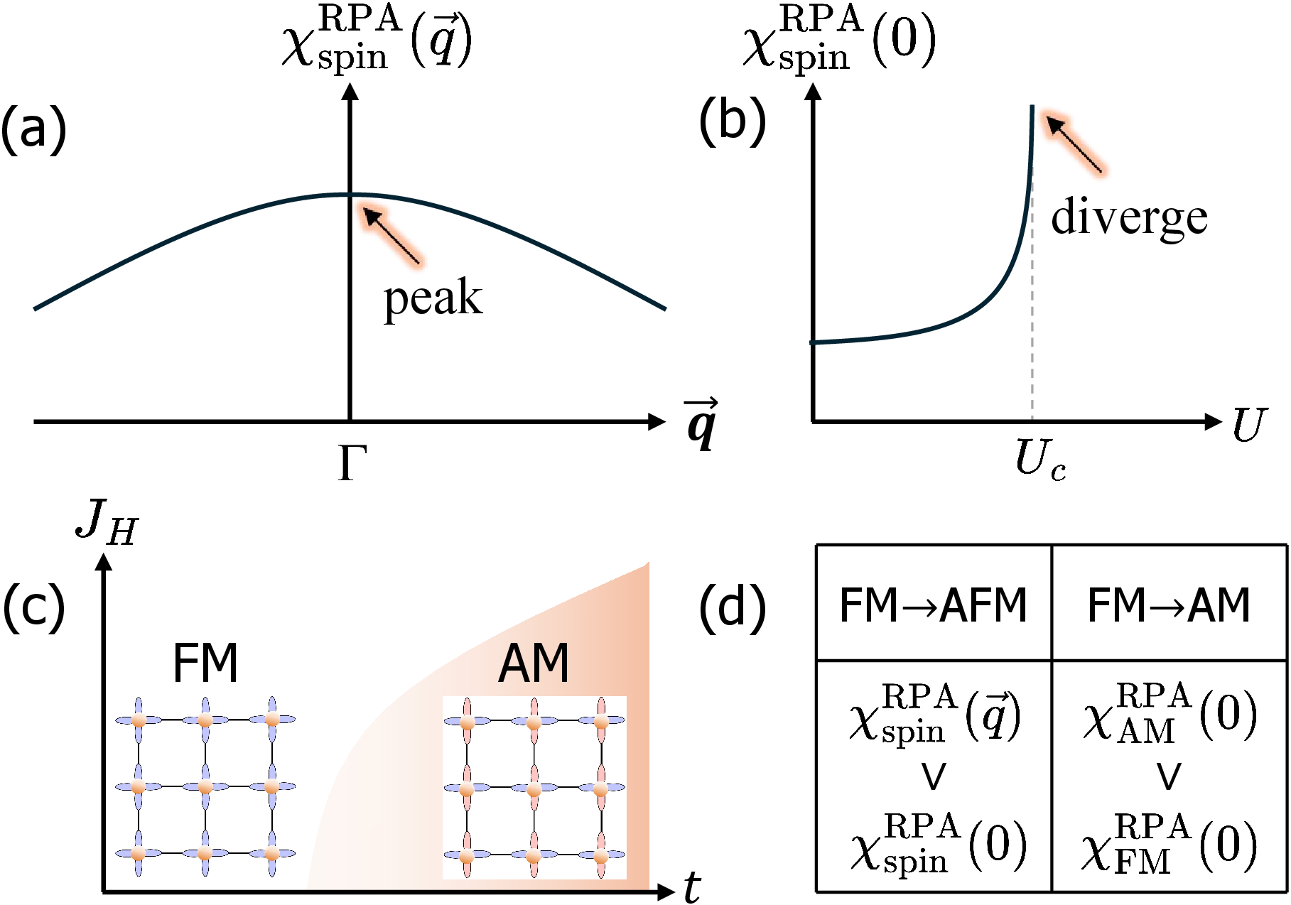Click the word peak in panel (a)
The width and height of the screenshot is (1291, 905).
click(x=433, y=298)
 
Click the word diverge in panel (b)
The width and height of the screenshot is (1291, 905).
click(x=1129, y=217)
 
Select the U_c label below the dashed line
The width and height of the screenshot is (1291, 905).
click(x=1039, y=460)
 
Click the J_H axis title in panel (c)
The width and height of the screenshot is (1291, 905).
click(x=107, y=523)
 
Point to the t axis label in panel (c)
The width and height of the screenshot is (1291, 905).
click(x=691, y=887)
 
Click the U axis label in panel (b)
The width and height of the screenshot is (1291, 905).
click(x=1249, y=425)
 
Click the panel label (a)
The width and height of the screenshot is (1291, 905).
click(x=33, y=129)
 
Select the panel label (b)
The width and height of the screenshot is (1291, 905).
click(x=732, y=120)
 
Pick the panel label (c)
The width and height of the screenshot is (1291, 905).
click(x=33, y=607)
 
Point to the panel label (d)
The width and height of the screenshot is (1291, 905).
click(x=732, y=607)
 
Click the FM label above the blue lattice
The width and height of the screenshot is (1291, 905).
click(x=205, y=663)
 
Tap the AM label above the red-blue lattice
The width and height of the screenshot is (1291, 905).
click(x=534, y=663)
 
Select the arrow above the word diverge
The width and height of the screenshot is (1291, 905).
click(x=1074, y=145)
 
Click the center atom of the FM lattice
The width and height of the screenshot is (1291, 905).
click(x=205, y=786)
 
